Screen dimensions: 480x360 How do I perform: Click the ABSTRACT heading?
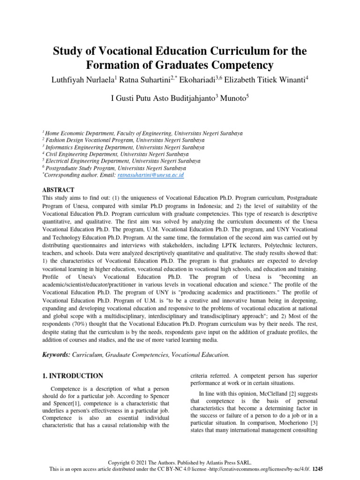(58, 189)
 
